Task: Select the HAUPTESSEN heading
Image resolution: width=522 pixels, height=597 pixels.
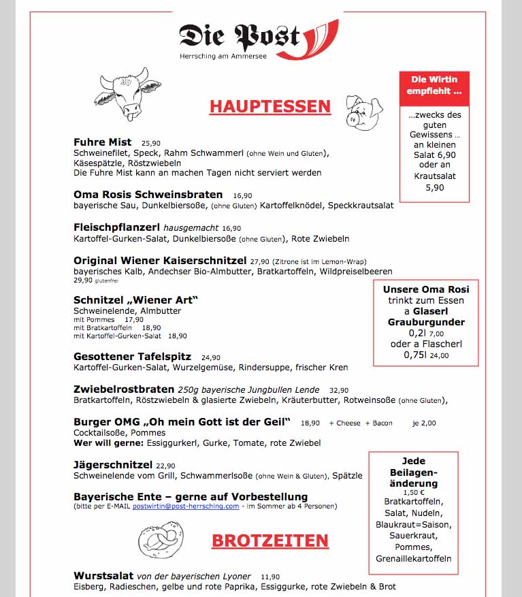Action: tap(270, 106)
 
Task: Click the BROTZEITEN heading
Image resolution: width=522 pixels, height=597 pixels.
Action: tap(270, 540)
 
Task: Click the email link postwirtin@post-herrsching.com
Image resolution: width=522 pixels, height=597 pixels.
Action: tap(186, 506)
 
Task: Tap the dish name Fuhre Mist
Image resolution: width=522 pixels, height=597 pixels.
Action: tap(102, 142)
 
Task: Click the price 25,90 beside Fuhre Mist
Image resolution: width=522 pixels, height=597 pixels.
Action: tap(151, 143)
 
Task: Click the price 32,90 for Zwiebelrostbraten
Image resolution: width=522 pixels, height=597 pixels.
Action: tap(339, 390)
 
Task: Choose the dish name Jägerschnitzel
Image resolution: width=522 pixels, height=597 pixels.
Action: tap(113, 465)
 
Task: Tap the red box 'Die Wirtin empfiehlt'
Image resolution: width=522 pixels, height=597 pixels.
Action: tap(434, 85)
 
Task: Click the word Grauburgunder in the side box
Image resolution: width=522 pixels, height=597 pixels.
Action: tap(426, 322)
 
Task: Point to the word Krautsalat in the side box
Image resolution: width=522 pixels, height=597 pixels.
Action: tap(434, 176)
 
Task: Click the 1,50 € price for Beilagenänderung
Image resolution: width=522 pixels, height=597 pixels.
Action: tap(413, 492)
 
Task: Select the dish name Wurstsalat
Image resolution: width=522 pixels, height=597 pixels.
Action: tap(103, 575)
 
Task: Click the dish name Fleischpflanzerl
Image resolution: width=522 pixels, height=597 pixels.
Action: tap(116, 227)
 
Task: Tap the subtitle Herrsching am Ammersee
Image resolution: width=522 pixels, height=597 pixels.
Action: tap(223, 56)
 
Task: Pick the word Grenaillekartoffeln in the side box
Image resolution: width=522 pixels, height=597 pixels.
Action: tap(413, 559)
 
